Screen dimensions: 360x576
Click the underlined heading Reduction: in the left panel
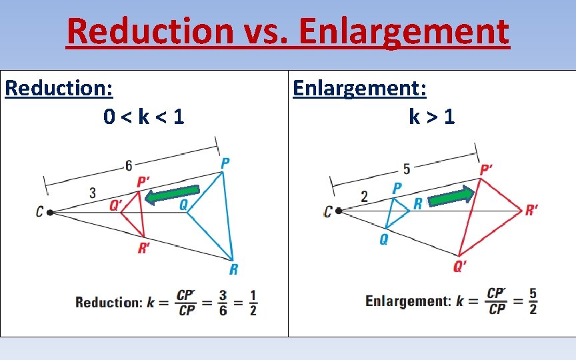[x=59, y=88]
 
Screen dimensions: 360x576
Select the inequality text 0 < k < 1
[x=144, y=117]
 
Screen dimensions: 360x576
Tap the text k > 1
[x=432, y=117]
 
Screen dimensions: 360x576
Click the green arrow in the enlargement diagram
[x=451, y=197]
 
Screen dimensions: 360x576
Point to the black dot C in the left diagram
[x=50, y=212]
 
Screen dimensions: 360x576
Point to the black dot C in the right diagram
[x=339, y=211]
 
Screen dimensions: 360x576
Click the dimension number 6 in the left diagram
[x=129, y=165]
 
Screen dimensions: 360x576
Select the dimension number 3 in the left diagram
[x=92, y=193]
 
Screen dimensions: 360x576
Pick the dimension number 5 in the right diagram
[x=406, y=169]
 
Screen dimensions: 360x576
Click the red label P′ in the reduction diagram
[x=143, y=182]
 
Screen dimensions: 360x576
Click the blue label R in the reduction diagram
[x=233, y=269]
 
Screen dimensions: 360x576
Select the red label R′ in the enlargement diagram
[x=532, y=211]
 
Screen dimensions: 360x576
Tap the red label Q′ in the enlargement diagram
[x=460, y=267]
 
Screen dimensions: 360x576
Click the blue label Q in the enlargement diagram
[x=384, y=239]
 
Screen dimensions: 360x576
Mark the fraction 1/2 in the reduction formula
[x=253, y=302]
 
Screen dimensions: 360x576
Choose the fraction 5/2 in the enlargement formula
[x=532, y=301]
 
